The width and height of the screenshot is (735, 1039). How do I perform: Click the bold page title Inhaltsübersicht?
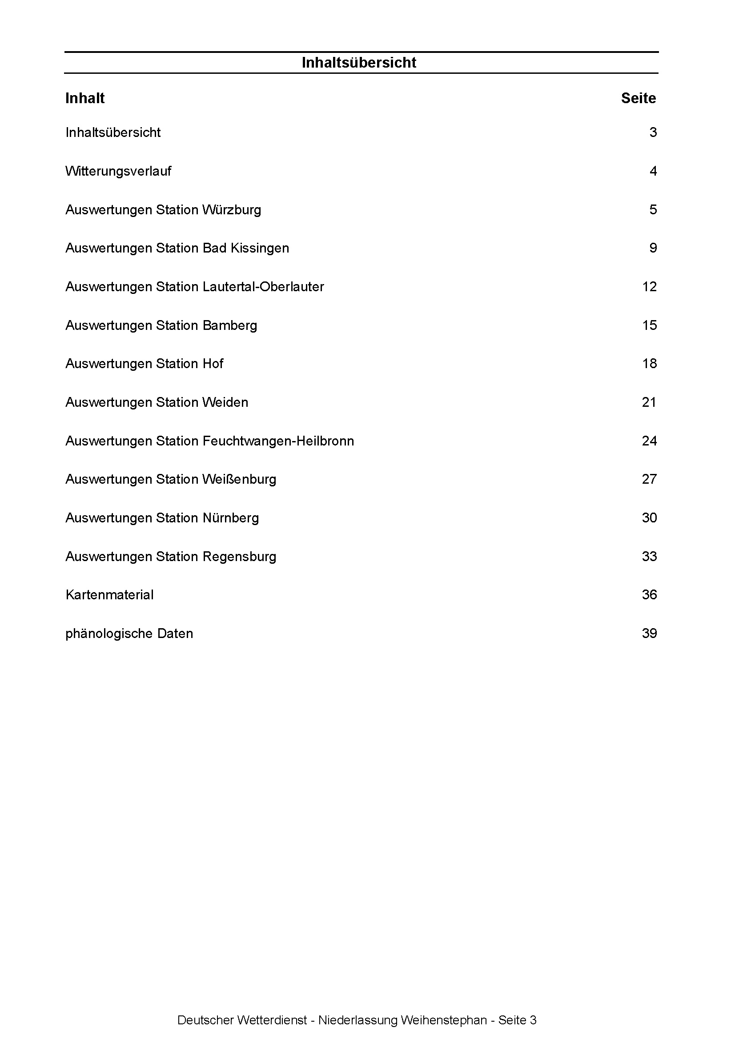tap(358, 62)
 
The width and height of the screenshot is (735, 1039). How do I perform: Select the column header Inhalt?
tap(84, 98)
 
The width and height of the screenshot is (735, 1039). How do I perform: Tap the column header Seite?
tap(638, 98)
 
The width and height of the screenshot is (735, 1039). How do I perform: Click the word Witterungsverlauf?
tap(118, 171)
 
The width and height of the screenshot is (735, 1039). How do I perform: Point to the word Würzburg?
tap(231, 210)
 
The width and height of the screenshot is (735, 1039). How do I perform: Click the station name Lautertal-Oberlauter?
tap(263, 287)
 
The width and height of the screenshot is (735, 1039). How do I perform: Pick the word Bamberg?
tap(229, 325)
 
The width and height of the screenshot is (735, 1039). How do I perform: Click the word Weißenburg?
tap(239, 479)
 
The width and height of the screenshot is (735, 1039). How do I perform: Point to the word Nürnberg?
tap(230, 517)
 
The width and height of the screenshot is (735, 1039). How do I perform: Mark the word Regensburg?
tap(239, 557)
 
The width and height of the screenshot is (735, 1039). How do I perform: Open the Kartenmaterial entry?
tap(109, 594)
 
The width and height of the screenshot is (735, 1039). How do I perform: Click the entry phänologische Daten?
tap(129, 634)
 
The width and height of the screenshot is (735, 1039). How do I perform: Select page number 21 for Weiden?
tap(649, 402)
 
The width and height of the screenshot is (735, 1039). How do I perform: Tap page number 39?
tap(649, 634)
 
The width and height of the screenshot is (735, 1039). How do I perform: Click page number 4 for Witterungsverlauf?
tap(653, 171)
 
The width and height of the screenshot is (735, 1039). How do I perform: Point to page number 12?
tap(649, 287)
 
